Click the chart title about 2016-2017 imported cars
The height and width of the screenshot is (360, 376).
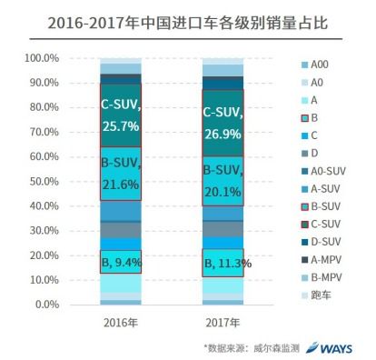point(188,16)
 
